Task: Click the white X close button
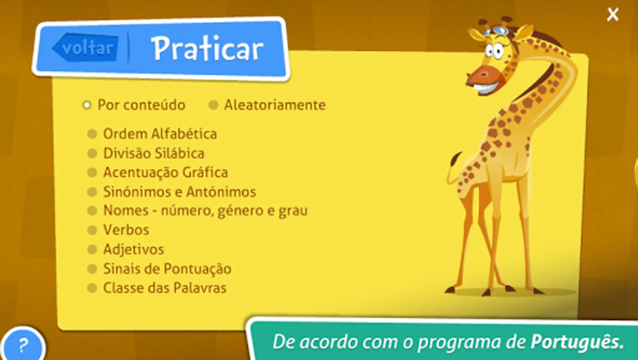pos(613,14)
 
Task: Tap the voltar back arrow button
pos(85,48)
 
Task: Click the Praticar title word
pos(208,48)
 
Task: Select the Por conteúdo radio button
pos(87,105)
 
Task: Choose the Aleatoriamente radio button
pos(213,105)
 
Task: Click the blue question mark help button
pos(23,345)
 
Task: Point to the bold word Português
pos(577,342)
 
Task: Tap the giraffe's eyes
pos(494,51)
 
